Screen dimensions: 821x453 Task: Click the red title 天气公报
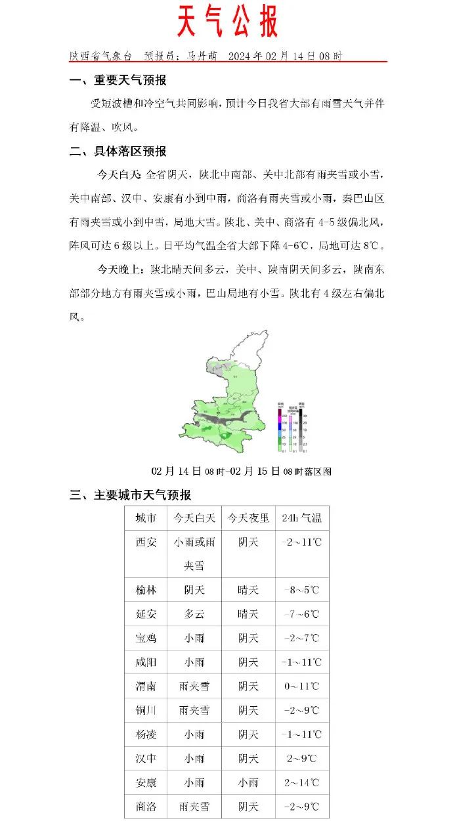(x=227, y=23)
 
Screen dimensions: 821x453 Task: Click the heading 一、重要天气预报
(x=118, y=81)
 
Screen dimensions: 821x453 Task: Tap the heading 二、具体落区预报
(x=118, y=151)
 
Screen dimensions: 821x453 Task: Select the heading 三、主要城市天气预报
(x=131, y=495)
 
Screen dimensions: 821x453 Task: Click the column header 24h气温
(x=301, y=518)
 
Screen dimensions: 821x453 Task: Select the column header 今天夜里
(x=248, y=518)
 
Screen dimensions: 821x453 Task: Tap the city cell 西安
(x=146, y=542)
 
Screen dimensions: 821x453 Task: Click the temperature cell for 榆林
(x=301, y=590)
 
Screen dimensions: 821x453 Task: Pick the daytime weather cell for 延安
(x=194, y=614)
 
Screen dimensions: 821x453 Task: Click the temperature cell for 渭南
(x=301, y=687)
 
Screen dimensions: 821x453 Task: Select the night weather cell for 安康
(x=248, y=782)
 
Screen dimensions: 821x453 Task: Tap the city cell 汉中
(x=146, y=759)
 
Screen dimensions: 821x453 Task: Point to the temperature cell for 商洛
(x=301, y=807)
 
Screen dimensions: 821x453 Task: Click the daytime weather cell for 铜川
(x=194, y=710)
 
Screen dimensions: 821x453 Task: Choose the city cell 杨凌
(x=146, y=734)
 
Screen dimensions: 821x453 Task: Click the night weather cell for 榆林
(x=248, y=590)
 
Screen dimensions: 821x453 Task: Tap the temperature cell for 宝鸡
(x=301, y=638)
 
